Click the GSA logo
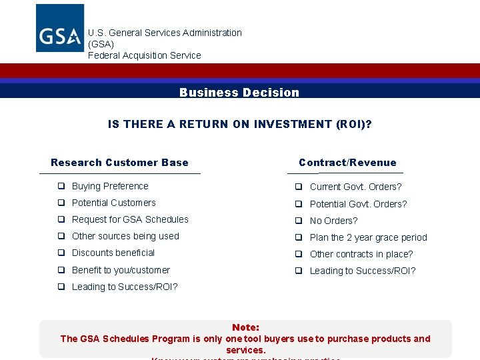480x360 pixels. (60, 28)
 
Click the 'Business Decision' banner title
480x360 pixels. (239, 93)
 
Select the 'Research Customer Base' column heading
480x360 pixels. (119, 163)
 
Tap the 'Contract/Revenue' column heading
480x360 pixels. (347, 163)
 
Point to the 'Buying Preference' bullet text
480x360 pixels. (110, 187)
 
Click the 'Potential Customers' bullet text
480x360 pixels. (114, 203)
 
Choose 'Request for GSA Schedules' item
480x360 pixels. (130, 220)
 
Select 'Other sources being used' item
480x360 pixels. (125, 237)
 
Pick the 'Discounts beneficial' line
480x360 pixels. (113, 253)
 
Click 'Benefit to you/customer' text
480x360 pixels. (121, 270)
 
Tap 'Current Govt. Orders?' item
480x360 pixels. (355, 187)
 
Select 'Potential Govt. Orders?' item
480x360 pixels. (358, 204)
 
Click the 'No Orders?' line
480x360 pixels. (333, 221)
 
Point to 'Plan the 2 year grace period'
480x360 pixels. (368, 237)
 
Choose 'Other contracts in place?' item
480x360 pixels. (361, 254)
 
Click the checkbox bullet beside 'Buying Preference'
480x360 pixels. (61, 187)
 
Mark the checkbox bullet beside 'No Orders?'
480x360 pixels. (299, 221)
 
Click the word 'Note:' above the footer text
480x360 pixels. (245, 327)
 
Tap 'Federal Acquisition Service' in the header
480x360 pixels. (145, 55)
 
